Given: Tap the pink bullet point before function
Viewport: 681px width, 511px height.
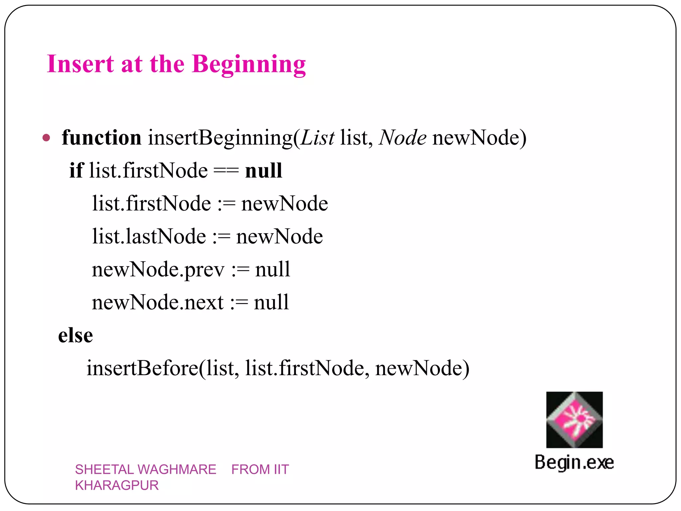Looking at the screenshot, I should [47, 138].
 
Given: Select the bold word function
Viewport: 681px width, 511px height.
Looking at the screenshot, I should [101, 137].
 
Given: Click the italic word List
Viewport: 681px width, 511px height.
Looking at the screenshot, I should [317, 138].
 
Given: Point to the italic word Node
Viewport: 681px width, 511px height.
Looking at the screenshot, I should [402, 138].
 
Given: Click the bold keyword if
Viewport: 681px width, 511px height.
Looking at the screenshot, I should [76, 170].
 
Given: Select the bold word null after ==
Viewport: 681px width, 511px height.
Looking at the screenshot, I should [263, 171].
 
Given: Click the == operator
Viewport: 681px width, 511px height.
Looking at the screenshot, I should [226, 171].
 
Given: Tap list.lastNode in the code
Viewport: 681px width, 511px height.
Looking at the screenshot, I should [149, 237].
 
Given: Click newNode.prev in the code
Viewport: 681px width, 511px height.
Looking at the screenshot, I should [158, 270].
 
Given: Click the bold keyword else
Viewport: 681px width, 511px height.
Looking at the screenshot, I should [75, 335].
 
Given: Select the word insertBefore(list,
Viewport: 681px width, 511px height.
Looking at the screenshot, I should [162, 368].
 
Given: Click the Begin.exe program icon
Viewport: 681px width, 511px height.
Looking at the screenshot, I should [574, 420].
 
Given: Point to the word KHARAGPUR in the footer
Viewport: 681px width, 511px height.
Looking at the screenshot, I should [117, 485].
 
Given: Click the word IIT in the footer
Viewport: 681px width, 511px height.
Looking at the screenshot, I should [281, 469].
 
